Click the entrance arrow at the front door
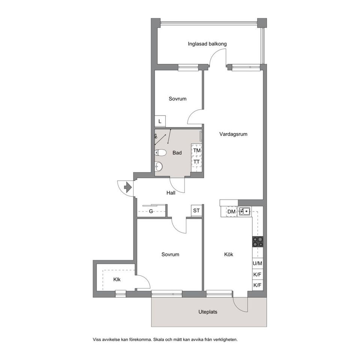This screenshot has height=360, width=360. point(128,187)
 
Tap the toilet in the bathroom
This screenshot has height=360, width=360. point(160,153)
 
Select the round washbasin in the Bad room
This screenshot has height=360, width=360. point(158,166)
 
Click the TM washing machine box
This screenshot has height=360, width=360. point(197,150)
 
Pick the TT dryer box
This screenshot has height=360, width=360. point(197,162)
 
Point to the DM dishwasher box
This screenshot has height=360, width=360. point(231,211)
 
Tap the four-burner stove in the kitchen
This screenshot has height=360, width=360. point(258,241)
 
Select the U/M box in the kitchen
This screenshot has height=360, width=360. point(258,263)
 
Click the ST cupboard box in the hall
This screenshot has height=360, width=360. point(196,210)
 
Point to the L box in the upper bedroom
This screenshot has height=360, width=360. point(160,121)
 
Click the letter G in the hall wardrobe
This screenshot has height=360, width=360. point(151,211)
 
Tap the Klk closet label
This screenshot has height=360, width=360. point(117,279)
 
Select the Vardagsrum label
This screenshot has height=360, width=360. point(233,134)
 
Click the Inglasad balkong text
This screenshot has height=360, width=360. point(207,44)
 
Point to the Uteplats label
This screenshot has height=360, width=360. point(208,312)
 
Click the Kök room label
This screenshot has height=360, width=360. point(229,254)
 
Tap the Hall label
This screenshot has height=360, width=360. point(171,193)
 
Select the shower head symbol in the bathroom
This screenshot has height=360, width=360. point(156,136)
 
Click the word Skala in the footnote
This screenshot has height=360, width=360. point(159,339)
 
